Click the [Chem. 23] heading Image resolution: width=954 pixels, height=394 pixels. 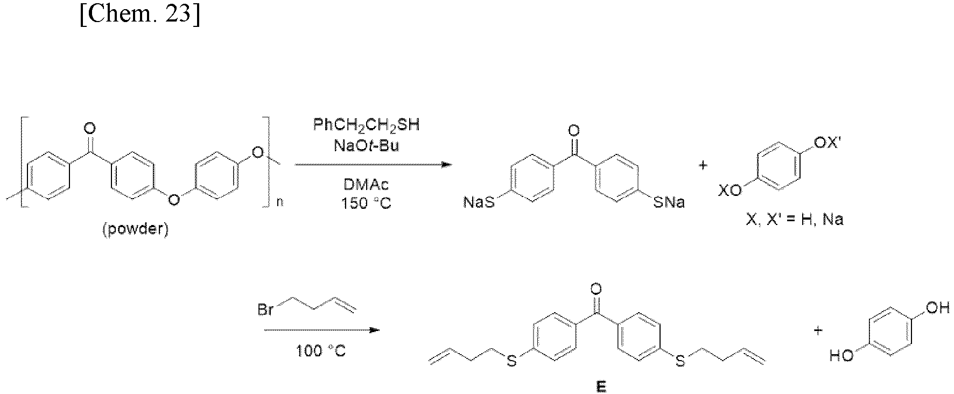139,15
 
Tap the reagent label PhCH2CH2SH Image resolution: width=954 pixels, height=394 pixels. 366,126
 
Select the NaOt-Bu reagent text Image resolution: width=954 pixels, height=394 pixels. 366,145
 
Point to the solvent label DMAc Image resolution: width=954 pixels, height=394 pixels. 366,185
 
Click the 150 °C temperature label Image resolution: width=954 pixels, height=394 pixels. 366,204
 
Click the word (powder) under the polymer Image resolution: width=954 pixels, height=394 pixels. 136,230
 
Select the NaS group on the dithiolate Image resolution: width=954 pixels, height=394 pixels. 479,203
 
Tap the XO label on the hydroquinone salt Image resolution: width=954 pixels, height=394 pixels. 731,189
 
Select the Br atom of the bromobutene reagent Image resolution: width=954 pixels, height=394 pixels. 265,311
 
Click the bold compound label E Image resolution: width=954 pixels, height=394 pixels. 601,387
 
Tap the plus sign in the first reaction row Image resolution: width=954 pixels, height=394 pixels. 703,166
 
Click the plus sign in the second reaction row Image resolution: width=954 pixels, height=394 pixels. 818,330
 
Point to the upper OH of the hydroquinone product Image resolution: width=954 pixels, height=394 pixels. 937,308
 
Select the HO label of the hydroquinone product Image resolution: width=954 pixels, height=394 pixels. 841,356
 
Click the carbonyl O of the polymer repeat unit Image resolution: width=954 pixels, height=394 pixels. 90,128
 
